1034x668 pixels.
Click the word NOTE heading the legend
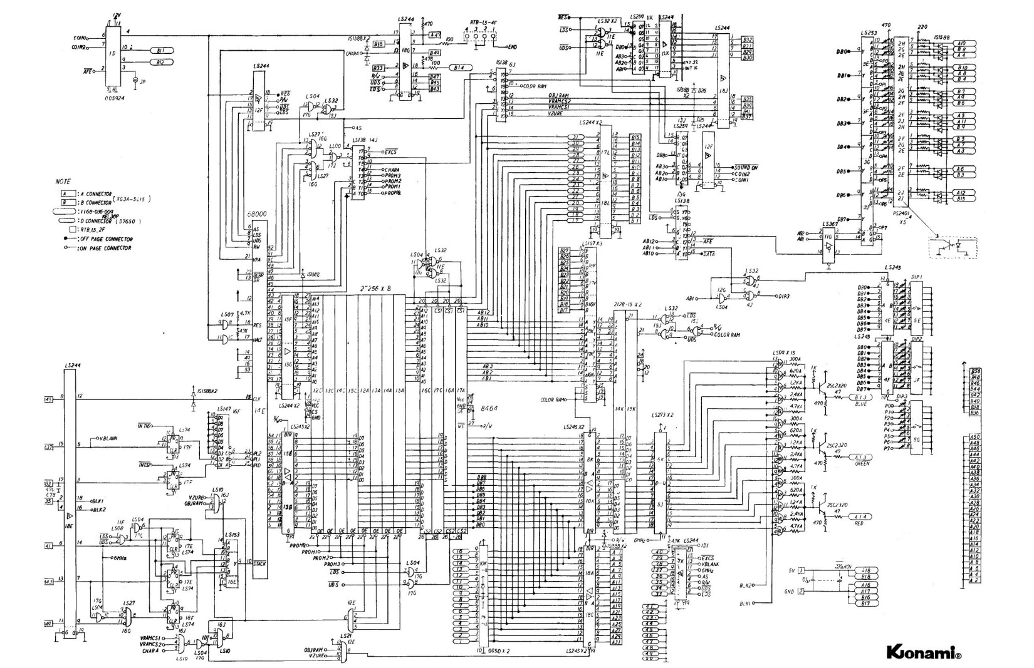(x=63, y=181)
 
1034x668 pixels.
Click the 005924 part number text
(x=114, y=99)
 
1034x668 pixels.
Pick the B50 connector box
(x=974, y=371)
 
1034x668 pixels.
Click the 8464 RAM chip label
(x=488, y=408)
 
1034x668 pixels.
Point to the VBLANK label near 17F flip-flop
(x=112, y=438)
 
